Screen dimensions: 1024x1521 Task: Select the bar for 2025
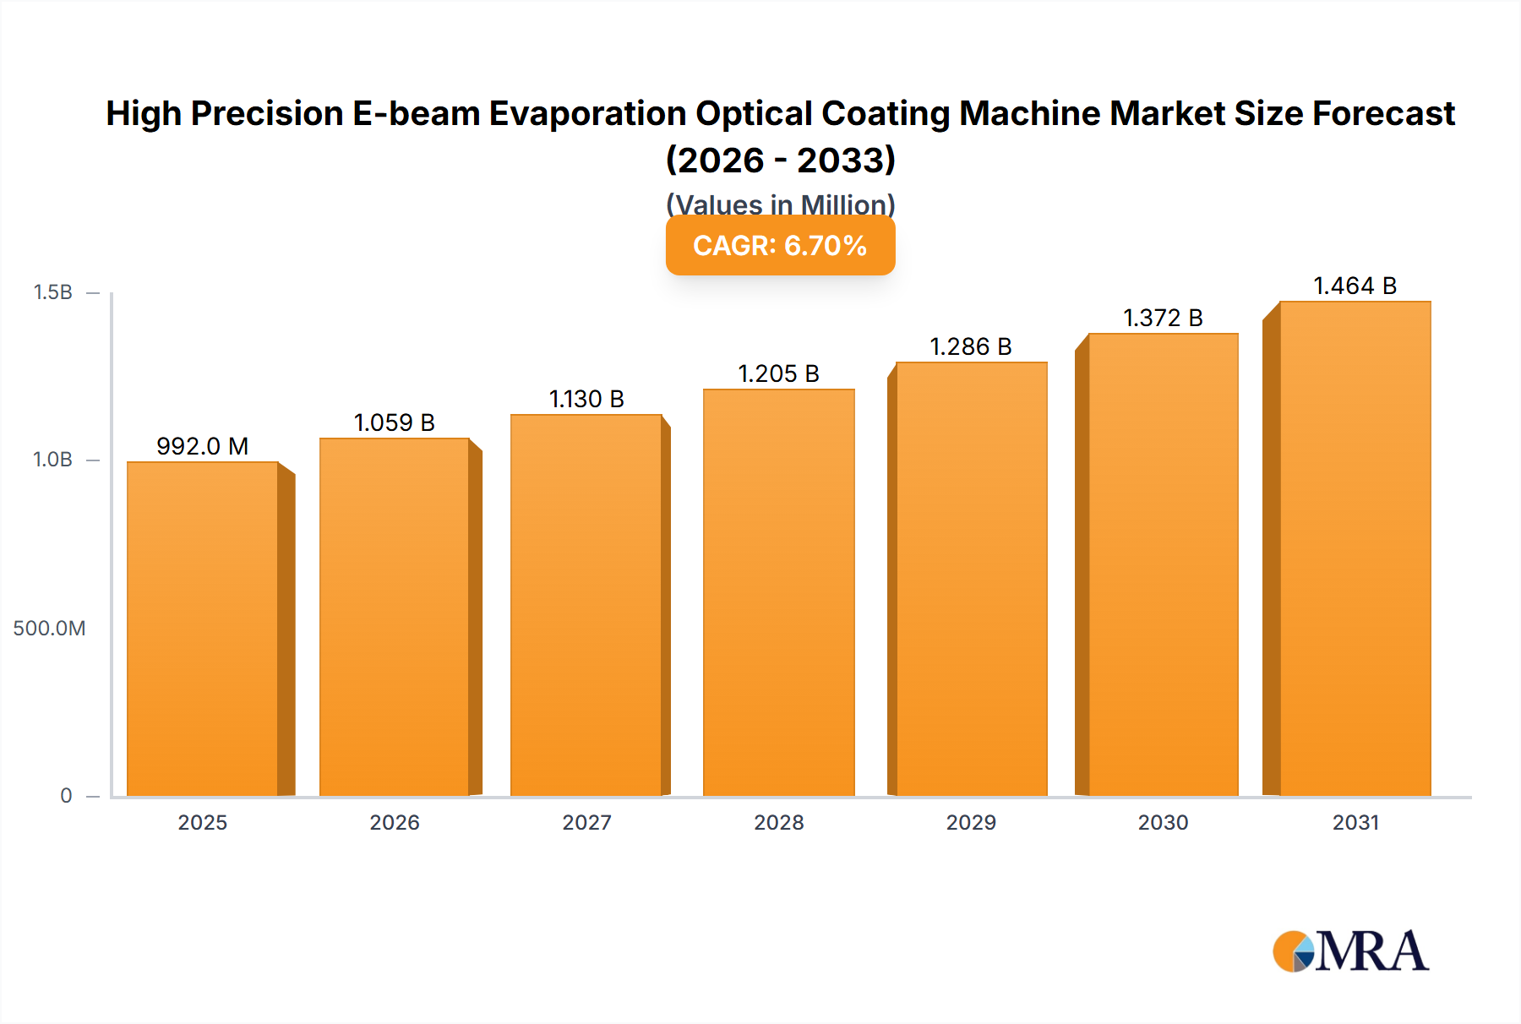(203, 629)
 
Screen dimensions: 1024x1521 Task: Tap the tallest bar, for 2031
(1355, 549)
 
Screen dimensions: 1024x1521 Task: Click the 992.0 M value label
(203, 446)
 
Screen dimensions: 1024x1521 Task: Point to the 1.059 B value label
(394, 422)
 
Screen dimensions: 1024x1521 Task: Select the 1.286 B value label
(971, 346)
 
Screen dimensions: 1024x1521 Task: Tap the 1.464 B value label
(1355, 286)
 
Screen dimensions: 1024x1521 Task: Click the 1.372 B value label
(1163, 318)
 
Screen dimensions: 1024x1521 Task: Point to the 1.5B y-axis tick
(52, 292)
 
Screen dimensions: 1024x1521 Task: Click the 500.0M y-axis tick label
(49, 628)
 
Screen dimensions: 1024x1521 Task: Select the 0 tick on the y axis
(66, 795)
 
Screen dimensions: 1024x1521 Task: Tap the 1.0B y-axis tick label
(52, 460)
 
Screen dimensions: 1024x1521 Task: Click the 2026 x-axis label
(394, 822)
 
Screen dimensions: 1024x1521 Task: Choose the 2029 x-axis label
(971, 822)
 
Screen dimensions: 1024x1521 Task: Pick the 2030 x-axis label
(1163, 822)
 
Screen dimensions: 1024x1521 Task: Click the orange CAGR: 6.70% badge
(780, 245)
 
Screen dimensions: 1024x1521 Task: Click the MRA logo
(1350, 951)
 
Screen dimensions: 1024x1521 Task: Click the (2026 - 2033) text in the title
(780, 160)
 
